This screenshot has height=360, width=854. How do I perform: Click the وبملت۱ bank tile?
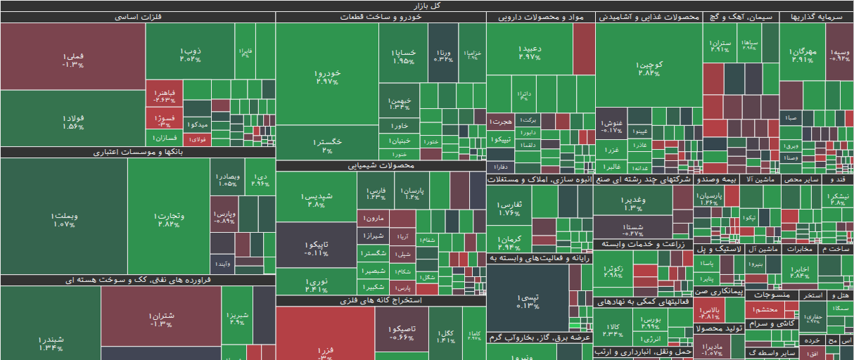point(63,219)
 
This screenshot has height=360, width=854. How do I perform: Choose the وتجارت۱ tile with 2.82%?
point(169,219)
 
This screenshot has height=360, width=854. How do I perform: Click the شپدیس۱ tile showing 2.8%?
point(316,200)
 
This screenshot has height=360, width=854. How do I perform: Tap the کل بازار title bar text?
point(426,6)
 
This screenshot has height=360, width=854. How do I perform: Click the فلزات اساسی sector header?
point(138,18)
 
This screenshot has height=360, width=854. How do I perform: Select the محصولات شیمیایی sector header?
point(381,166)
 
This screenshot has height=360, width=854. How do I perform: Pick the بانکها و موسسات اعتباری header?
point(138,152)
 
